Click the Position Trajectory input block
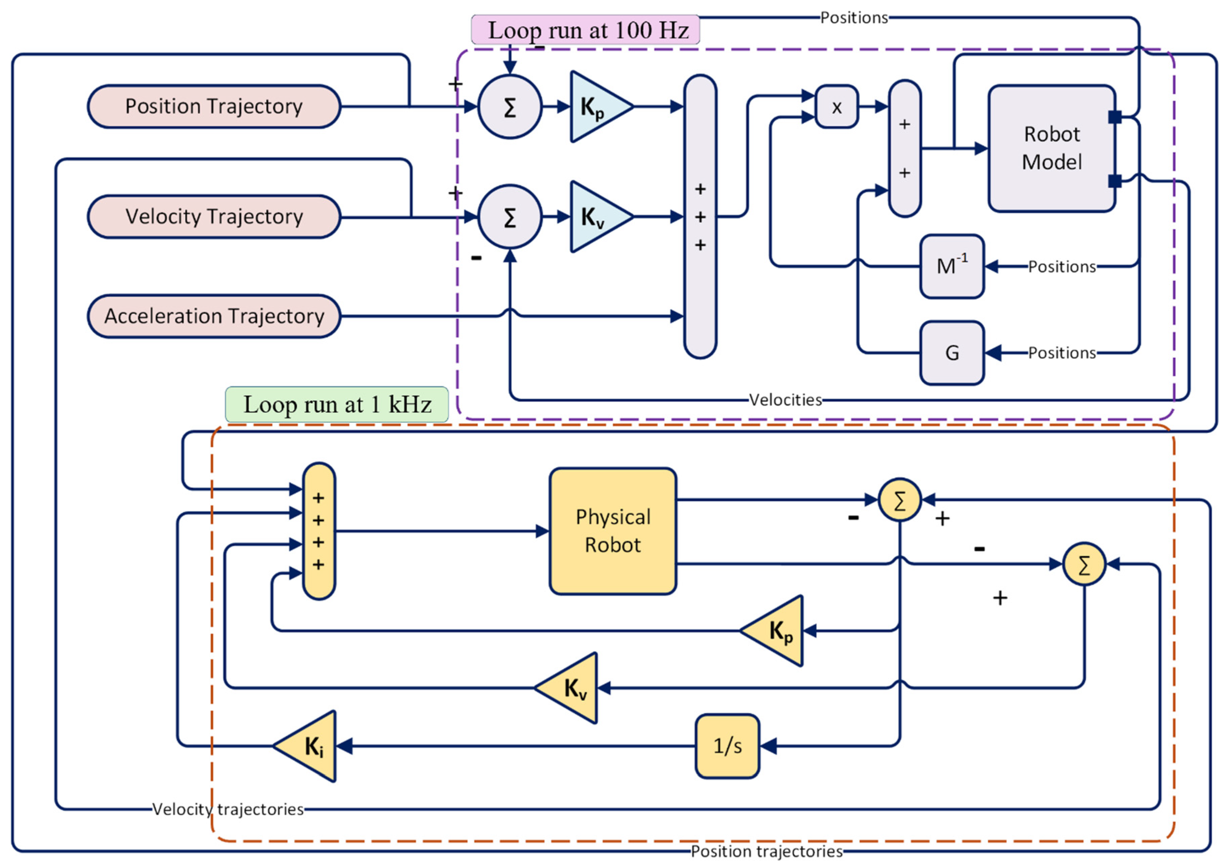point(214,106)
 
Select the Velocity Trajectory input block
point(214,216)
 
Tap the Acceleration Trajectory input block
point(214,316)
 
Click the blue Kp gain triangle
point(596,107)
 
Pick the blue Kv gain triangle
point(596,217)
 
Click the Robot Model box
point(1051,148)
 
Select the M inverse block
point(952,266)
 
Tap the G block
point(952,352)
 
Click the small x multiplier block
point(836,107)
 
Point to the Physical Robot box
point(612,531)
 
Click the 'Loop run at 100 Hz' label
point(585,30)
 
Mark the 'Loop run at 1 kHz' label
point(337,404)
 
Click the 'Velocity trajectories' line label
point(228,809)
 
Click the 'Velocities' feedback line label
point(785,400)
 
